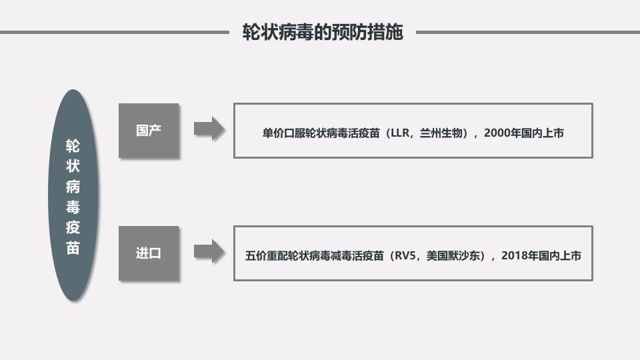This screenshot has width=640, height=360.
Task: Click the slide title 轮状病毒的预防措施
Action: pyautogui.click(x=323, y=32)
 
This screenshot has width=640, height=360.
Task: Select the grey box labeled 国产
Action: pyautogui.click(x=149, y=131)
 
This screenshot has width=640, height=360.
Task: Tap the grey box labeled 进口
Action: pyautogui.click(x=149, y=253)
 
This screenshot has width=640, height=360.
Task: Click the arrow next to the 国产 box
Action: pyautogui.click(x=209, y=129)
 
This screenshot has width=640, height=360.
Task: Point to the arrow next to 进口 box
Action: pyautogui.click(x=209, y=251)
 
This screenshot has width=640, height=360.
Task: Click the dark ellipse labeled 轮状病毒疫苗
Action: pyautogui.click(x=73, y=195)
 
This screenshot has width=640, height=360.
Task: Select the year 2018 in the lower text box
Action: pyautogui.click(x=514, y=256)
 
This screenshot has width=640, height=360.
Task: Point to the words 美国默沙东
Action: pyautogui.click(x=453, y=256)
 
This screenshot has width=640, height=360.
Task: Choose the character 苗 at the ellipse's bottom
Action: pyautogui.click(x=73, y=248)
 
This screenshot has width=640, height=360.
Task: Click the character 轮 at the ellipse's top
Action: pyautogui.click(x=73, y=146)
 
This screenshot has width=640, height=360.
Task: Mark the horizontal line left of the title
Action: pyautogui.click(x=115, y=32)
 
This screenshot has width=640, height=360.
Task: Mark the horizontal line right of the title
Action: pyautogui.click(x=528, y=32)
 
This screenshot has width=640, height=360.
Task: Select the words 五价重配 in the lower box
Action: pyautogui.click(x=267, y=256)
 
